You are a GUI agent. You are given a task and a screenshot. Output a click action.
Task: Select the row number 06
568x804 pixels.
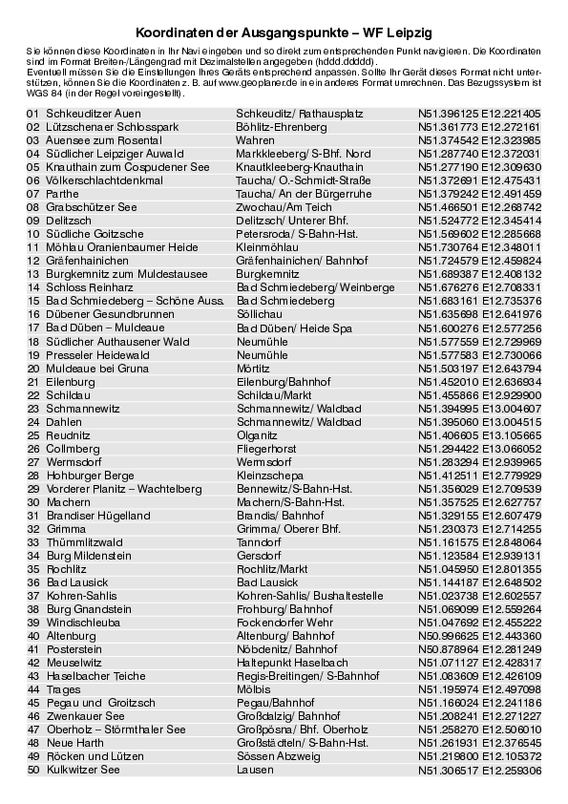pyautogui.click(x=32, y=180)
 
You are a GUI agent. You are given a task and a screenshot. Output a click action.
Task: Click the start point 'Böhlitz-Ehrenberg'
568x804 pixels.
pyautogui.click(x=281, y=126)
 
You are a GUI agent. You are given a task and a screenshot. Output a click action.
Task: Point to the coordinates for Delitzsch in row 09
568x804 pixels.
pyautogui.click(x=479, y=220)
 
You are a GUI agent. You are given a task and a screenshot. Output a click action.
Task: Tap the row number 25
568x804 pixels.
pyautogui.click(x=32, y=434)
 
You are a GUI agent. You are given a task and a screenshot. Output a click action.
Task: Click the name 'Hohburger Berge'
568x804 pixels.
pyautogui.click(x=90, y=474)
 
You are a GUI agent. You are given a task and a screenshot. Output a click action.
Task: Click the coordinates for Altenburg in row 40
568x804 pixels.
pyautogui.click(x=479, y=635)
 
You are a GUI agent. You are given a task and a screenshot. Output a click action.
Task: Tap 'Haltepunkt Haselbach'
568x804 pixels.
pyautogui.click(x=292, y=662)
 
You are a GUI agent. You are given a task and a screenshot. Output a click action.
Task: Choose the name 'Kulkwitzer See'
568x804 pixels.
pyautogui.click(x=85, y=769)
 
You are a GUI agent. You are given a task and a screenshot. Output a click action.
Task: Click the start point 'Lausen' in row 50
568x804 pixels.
pyautogui.click(x=255, y=769)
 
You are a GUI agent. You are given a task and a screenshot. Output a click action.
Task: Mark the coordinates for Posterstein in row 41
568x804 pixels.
pyautogui.click(x=479, y=648)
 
